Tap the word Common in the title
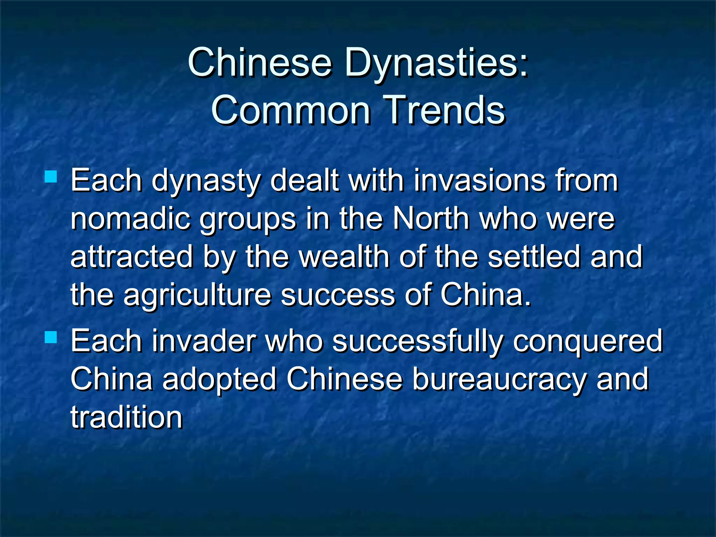click(291, 110)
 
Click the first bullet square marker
click(51, 177)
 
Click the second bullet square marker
click(51, 337)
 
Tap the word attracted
click(132, 257)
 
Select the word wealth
click(344, 257)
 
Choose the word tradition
click(127, 417)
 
